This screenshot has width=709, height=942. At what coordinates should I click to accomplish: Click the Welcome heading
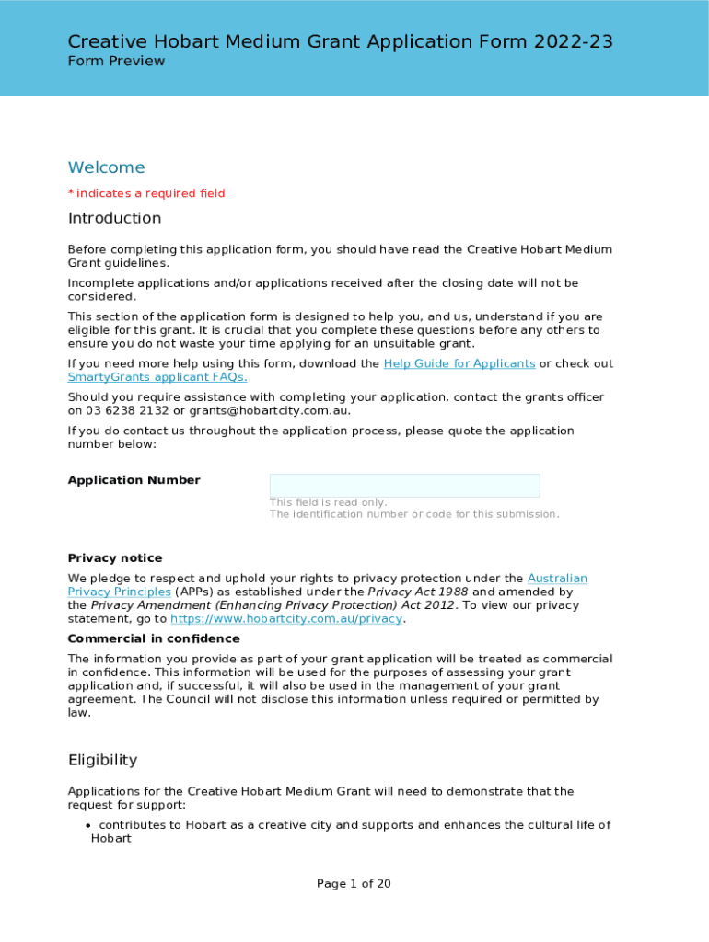point(106,167)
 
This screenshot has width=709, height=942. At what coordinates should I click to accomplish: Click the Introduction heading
point(114,218)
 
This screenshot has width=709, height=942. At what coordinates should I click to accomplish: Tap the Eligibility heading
point(102,760)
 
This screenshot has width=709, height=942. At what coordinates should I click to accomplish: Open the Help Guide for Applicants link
point(459,363)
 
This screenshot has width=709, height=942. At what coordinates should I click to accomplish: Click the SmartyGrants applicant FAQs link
point(157,377)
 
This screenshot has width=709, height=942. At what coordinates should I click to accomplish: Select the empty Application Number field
point(404,485)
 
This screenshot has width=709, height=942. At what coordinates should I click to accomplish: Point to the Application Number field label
point(134,480)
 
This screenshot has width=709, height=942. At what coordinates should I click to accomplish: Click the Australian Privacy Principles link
point(557,579)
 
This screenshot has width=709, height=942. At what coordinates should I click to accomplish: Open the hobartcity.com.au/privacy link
point(287,619)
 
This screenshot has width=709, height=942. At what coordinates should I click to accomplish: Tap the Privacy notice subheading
point(115,558)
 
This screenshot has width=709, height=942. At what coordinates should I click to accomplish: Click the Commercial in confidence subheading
point(154,638)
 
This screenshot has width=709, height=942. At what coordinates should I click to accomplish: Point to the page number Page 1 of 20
point(354,884)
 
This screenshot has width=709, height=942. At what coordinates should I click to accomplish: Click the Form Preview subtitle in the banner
point(116,61)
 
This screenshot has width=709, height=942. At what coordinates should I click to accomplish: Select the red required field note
point(146,193)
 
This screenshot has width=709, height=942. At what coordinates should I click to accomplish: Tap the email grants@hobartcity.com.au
point(268,410)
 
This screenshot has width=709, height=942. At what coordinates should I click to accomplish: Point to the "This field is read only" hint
point(328,502)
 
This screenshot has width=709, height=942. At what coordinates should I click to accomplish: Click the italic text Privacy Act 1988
point(418,592)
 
